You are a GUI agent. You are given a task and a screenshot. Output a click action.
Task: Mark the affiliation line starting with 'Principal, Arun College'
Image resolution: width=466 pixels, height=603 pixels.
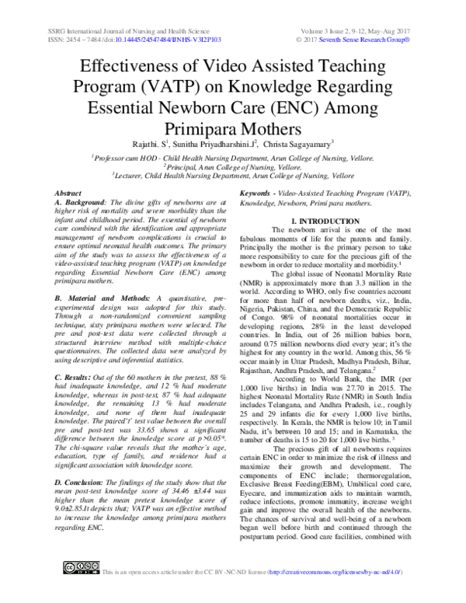232,166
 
